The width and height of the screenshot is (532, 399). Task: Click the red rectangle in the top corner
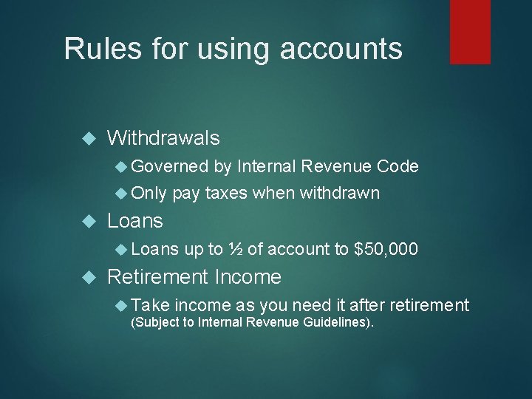[x=470, y=31]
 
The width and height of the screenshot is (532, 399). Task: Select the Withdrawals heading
[x=163, y=137]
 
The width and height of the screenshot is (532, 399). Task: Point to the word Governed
[x=171, y=167]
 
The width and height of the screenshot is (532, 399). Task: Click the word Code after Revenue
[x=398, y=167]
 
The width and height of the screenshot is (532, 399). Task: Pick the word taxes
[x=227, y=194]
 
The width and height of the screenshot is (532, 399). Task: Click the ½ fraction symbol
[x=234, y=250]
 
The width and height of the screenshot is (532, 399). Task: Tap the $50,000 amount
[x=386, y=250]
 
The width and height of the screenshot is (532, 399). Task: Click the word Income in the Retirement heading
[x=248, y=277]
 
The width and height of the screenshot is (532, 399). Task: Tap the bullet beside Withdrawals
[x=92, y=138]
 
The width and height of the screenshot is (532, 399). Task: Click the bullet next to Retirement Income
[x=92, y=278]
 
